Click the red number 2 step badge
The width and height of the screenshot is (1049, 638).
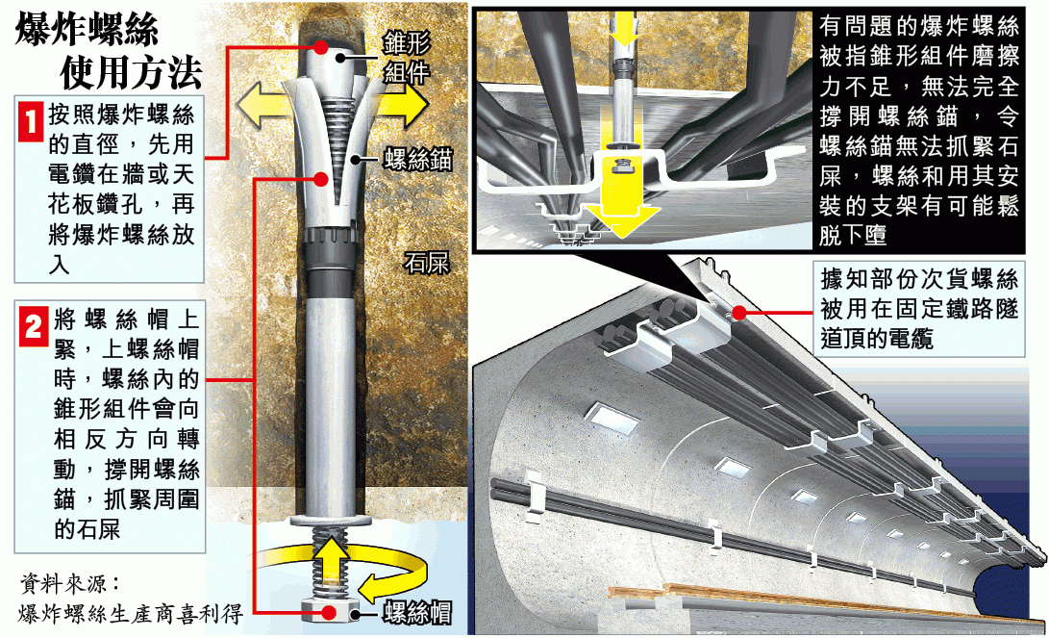(34, 326)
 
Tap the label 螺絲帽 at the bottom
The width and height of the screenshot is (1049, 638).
(417, 613)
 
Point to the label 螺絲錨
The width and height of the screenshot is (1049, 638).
(417, 160)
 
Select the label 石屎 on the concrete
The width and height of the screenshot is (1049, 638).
(426, 263)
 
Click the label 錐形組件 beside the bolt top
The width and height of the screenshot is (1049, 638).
(407, 59)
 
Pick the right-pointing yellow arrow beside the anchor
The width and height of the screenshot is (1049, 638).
(400, 105)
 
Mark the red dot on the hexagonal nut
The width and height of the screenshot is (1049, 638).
(329, 612)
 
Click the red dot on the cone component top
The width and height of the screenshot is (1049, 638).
(322, 47)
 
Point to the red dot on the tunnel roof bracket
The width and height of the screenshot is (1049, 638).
(739, 313)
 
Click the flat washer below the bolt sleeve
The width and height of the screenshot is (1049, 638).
(331, 521)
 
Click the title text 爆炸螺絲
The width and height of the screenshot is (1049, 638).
(87, 30)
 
